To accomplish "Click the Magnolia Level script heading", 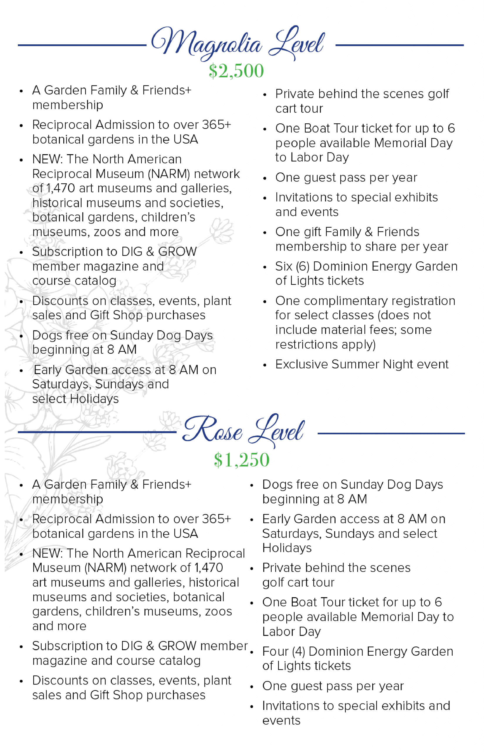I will click(x=238, y=43).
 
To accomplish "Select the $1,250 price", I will click(x=241, y=460).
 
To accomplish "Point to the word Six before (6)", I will click(x=284, y=266).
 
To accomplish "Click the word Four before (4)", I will click(x=275, y=652).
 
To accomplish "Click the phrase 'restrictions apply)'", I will click(x=325, y=345).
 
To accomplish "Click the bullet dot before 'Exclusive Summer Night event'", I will click(x=265, y=365).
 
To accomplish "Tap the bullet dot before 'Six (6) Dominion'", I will click(x=265, y=267).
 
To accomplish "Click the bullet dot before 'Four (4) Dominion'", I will click(x=252, y=652).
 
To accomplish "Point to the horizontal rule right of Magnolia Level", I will click(x=399, y=45).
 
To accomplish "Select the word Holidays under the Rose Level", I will click(x=287, y=548).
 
